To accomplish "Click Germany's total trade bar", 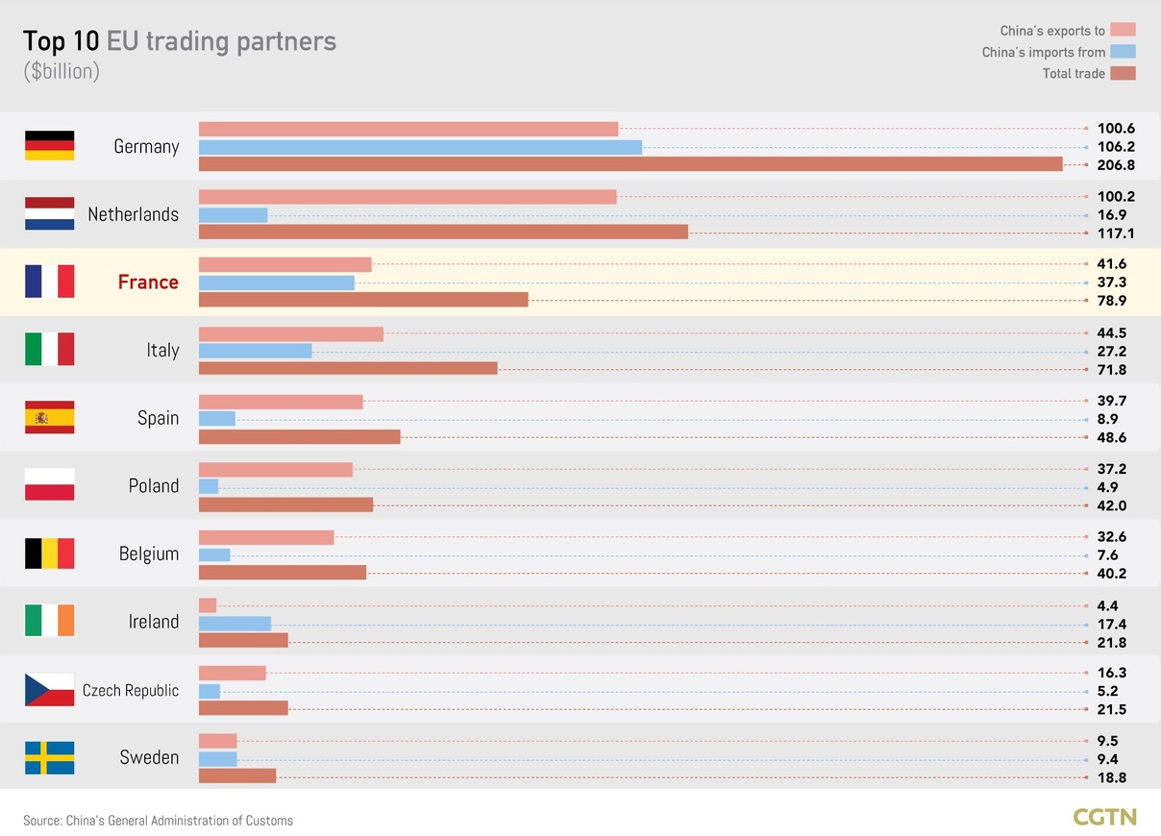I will click(630, 164).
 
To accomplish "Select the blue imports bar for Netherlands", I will click(233, 215).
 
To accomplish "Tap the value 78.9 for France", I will click(1111, 301).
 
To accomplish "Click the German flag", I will click(49, 145).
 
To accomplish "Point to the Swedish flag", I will click(49, 758).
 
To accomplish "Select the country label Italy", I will click(162, 350).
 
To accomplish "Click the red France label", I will click(148, 283).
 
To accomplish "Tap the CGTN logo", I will click(1104, 818).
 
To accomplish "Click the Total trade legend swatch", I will click(1123, 73).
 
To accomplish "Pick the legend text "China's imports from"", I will click(1043, 52).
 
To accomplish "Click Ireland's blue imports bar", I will click(235, 624).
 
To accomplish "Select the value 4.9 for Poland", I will click(1107, 487).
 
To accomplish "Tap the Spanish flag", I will click(49, 417).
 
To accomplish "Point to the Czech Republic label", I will click(131, 690).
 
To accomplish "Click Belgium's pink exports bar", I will click(266, 537).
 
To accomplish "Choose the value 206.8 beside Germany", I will click(1116, 165).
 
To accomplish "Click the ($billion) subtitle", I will click(62, 71).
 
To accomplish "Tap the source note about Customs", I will click(158, 821).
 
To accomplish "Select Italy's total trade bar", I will click(348, 368).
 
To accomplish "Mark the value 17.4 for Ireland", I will click(1111, 625).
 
